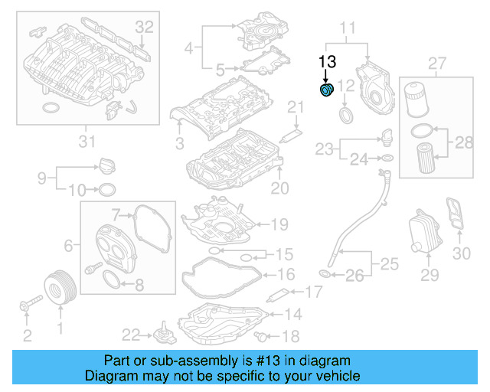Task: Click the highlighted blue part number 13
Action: point(326,93)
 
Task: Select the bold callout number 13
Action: point(328,62)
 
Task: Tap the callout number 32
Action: point(145,27)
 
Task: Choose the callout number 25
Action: point(389,264)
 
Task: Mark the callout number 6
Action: point(68,246)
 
